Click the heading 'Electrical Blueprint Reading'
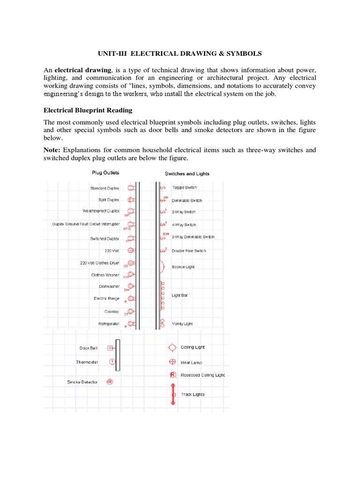88,111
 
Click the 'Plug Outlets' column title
105,173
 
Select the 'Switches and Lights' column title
187,173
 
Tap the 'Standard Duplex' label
105,188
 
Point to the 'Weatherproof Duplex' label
101,211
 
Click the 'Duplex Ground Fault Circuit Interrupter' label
86,224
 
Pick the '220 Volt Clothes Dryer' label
99,263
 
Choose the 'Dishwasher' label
109,286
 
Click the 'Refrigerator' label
109,324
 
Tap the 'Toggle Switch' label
184,187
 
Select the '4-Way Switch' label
184,225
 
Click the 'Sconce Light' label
183,266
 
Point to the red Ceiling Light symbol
172,347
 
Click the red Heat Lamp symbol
172,362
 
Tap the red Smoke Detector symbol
109,382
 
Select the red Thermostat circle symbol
112,362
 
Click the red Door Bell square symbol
110,348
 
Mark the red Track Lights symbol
172,394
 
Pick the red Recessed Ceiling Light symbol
172,375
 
